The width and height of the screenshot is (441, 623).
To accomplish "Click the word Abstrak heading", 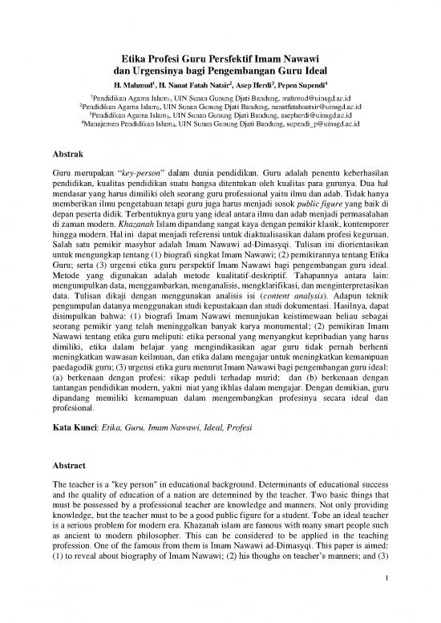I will tap(67, 150).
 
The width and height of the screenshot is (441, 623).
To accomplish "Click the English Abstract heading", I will tap(68, 466).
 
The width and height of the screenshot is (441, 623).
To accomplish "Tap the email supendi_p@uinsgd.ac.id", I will tap(319, 125).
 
